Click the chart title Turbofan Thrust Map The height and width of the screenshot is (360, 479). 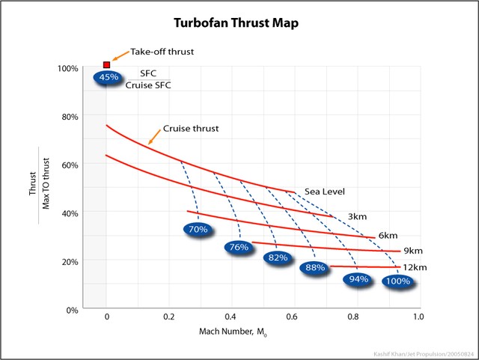(x=237, y=23)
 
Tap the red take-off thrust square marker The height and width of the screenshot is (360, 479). (x=106, y=65)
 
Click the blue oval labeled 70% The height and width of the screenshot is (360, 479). (x=198, y=230)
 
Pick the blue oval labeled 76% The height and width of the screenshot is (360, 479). (x=238, y=248)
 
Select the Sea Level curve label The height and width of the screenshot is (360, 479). (x=323, y=191)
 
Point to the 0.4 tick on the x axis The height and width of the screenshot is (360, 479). (x=231, y=317)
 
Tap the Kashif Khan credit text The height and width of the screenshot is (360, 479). (x=423, y=352)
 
